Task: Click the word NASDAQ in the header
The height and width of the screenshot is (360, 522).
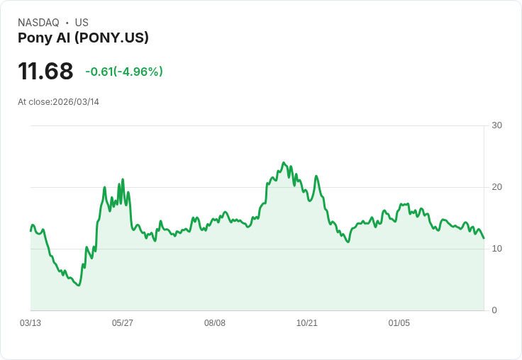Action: [x=38, y=23]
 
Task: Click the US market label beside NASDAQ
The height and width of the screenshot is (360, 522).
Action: [x=82, y=23]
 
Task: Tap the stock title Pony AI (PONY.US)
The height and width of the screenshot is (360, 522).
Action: [x=83, y=38]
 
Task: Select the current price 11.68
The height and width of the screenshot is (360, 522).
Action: [x=45, y=71]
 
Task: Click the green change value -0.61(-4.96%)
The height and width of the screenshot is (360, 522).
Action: [x=124, y=72]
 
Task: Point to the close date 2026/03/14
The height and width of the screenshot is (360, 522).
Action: [x=76, y=102]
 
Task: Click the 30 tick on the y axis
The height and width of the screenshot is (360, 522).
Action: [x=496, y=125]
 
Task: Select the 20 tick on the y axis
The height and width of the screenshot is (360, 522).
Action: [x=496, y=187]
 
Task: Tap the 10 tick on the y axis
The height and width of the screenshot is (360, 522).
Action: [x=496, y=249]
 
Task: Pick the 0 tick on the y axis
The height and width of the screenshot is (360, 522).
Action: [x=494, y=310]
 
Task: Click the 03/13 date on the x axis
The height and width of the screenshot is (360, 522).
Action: [x=30, y=323]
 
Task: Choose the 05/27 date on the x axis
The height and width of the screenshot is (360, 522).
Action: [x=123, y=323]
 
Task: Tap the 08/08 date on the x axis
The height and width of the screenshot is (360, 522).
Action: [x=215, y=323]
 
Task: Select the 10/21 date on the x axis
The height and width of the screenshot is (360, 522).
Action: [x=307, y=323]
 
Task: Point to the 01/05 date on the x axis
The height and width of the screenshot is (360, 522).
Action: [x=399, y=323]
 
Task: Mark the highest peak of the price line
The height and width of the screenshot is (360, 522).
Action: [x=284, y=163]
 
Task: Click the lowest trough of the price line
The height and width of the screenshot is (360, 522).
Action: [x=79, y=285]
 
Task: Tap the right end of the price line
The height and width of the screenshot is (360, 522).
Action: [x=484, y=238]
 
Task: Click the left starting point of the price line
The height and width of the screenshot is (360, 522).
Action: [x=30, y=230]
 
